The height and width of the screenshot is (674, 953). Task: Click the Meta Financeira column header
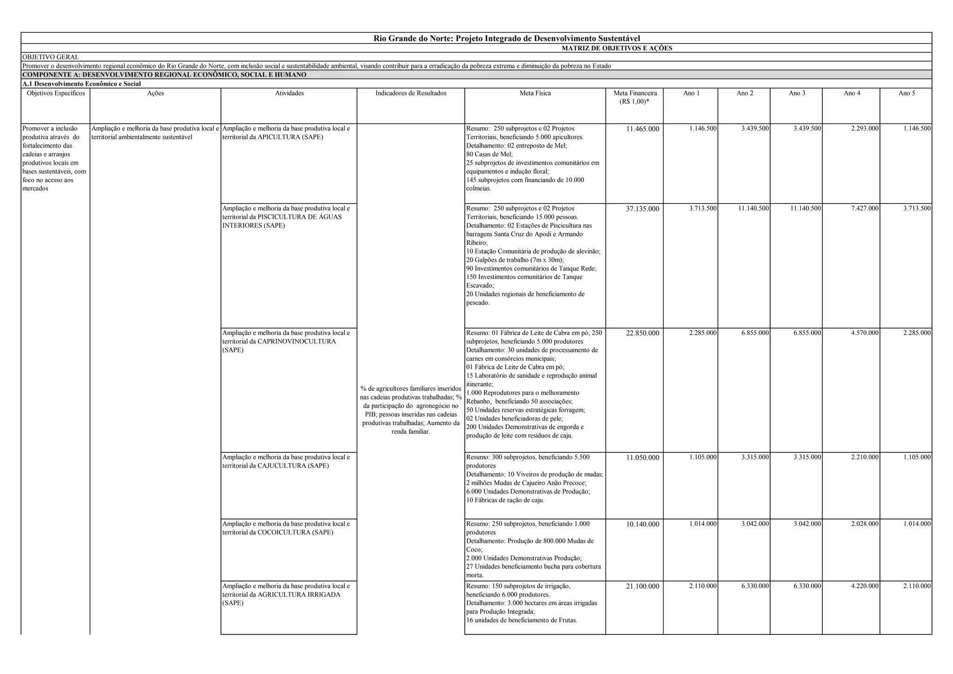(635, 97)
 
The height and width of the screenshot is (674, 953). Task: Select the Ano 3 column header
(797, 94)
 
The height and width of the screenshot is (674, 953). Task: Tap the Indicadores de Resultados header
(411, 94)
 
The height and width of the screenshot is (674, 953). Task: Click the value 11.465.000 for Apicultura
(642, 129)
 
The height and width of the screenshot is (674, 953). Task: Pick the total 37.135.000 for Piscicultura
(642, 209)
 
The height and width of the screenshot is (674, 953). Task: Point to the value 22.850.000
(642, 333)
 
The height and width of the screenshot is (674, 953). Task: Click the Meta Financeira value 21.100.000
(642, 586)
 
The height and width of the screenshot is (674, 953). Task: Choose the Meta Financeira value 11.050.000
(642, 458)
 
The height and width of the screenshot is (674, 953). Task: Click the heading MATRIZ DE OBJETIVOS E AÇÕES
(617, 48)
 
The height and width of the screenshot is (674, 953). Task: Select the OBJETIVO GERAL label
(51, 57)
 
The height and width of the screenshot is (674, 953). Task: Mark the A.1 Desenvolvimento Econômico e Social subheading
(82, 84)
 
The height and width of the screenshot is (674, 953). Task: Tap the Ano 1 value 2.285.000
(703, 333)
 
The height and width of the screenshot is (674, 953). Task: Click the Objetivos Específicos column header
(56, 94)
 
